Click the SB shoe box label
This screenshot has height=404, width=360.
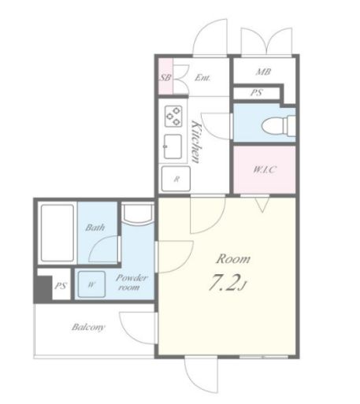click(x=165, y=77)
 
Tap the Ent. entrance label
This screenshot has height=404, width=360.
click(x=202, y=77)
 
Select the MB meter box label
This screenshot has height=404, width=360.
click(x=263, y=72)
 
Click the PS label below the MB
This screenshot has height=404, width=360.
click(x=257, y=93)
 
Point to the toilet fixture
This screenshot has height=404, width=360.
click(x=278, y=125)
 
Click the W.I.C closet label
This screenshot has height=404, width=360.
click(x=265, y=169)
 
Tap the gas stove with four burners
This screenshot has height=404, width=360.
click(x=173, y=116)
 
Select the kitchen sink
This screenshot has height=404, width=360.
click(x=173, y=146)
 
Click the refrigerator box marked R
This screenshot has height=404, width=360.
click(x=176, y=179)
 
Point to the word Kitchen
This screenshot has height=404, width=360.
click(x=197, y=142)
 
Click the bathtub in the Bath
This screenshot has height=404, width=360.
click(x=58, y=233)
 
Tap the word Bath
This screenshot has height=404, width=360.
click(x=95, y=228)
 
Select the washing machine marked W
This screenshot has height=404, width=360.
click(x=91, y=284)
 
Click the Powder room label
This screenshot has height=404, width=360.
click(x=131, y=283)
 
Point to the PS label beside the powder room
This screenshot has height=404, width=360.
click(x=61, y=286)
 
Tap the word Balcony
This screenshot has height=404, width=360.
click(x=88, y=328)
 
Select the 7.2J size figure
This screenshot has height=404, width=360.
click(x=228, y=283)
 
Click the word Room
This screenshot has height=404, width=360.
click(x=233, y=259)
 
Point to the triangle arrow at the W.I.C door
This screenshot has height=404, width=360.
click(x=262, y=205)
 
